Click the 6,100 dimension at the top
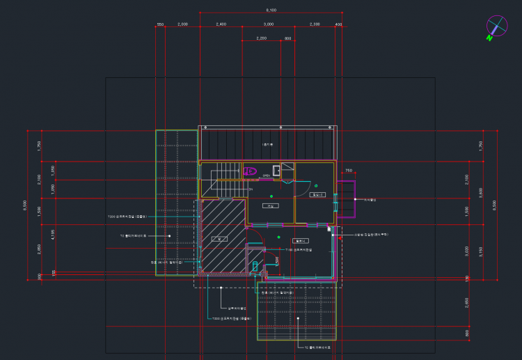tap(271, 10)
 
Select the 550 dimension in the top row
tap(160, 24)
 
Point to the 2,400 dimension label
tap(221, 24)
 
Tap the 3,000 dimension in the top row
tap(268, 24)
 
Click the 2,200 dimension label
tap(262, 38)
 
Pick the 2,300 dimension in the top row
tap(315, 24)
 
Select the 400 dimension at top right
tap(339, 24)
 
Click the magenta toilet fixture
tap(250, 170)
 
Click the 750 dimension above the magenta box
tap(349, 170)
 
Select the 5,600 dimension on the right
tap(480, 189)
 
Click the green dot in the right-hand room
tap(316, 185)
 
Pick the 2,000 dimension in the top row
tap(182, 24)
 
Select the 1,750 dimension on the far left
tap(39, 146)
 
